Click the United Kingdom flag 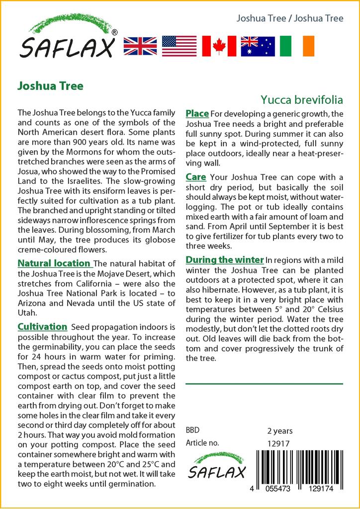pyautogui.click(x=140, y=46)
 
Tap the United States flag pyautogui.click(x=179, y=46)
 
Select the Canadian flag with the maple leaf pyautogui.click(x=219, y=46)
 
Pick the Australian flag pyautogui.click(x=258, y=46)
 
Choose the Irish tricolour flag pyautogui.click(x=297, y=46)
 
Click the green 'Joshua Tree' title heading pyautogui.click(x=50, y=85)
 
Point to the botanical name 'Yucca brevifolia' pyautogui.click(x=302, y=100)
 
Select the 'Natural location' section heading pyautogui.click(x=54, y=263)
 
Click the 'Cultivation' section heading pyautogui.click(x=42, y=327)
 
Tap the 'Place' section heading pyautogui.click(x=197, y=114)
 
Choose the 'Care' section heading pyautogui.click(x=196, y=177)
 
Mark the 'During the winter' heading pyautogui.click(x=224, y=259)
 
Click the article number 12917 pyautogui.click(x=278, y=443)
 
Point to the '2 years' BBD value pyautogui.click(x=280, y=430)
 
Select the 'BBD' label pyautogui.click(x=192, y=430)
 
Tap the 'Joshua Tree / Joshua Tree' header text pyautogui.click(x=290, y=18)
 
